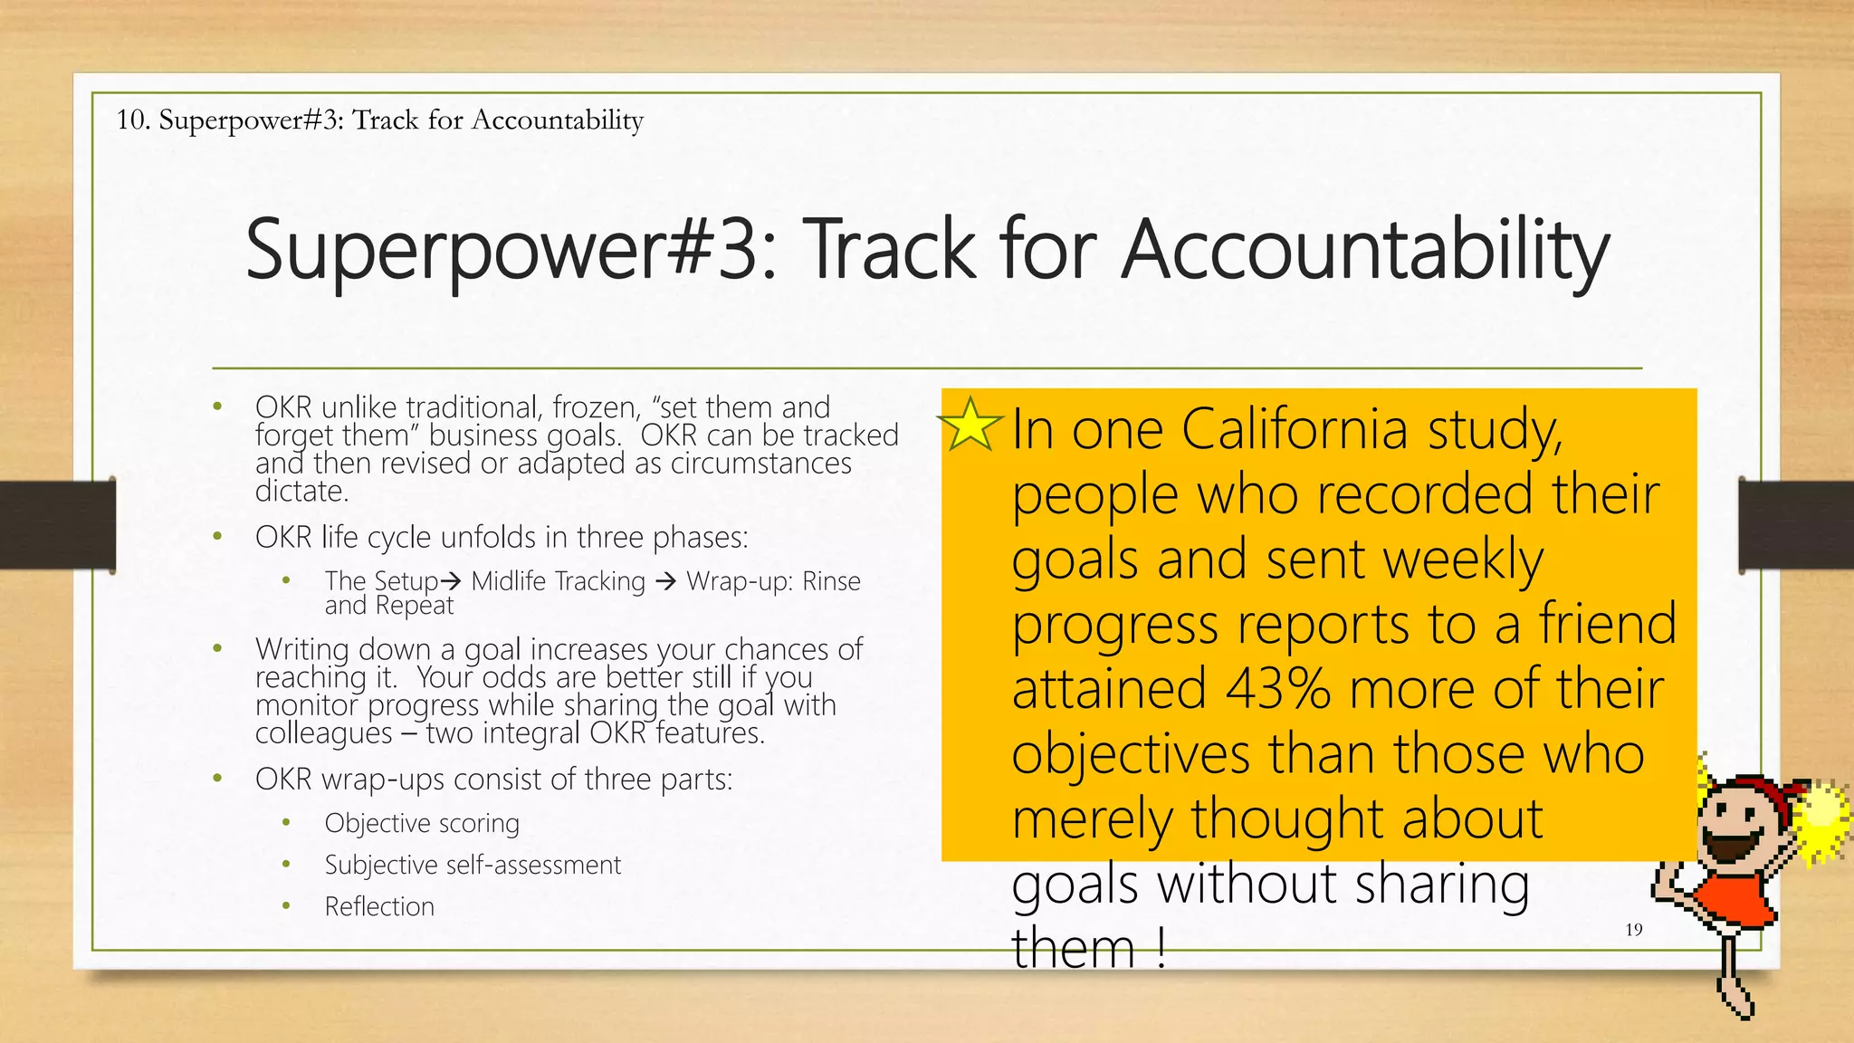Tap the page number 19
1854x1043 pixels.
1633,930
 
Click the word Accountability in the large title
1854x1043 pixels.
1365,250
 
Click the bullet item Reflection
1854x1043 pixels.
379,906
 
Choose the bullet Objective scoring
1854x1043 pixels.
422,823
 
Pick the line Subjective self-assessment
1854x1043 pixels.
473,865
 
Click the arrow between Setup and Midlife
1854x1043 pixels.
451,581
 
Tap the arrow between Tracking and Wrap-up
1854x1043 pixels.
665,581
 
